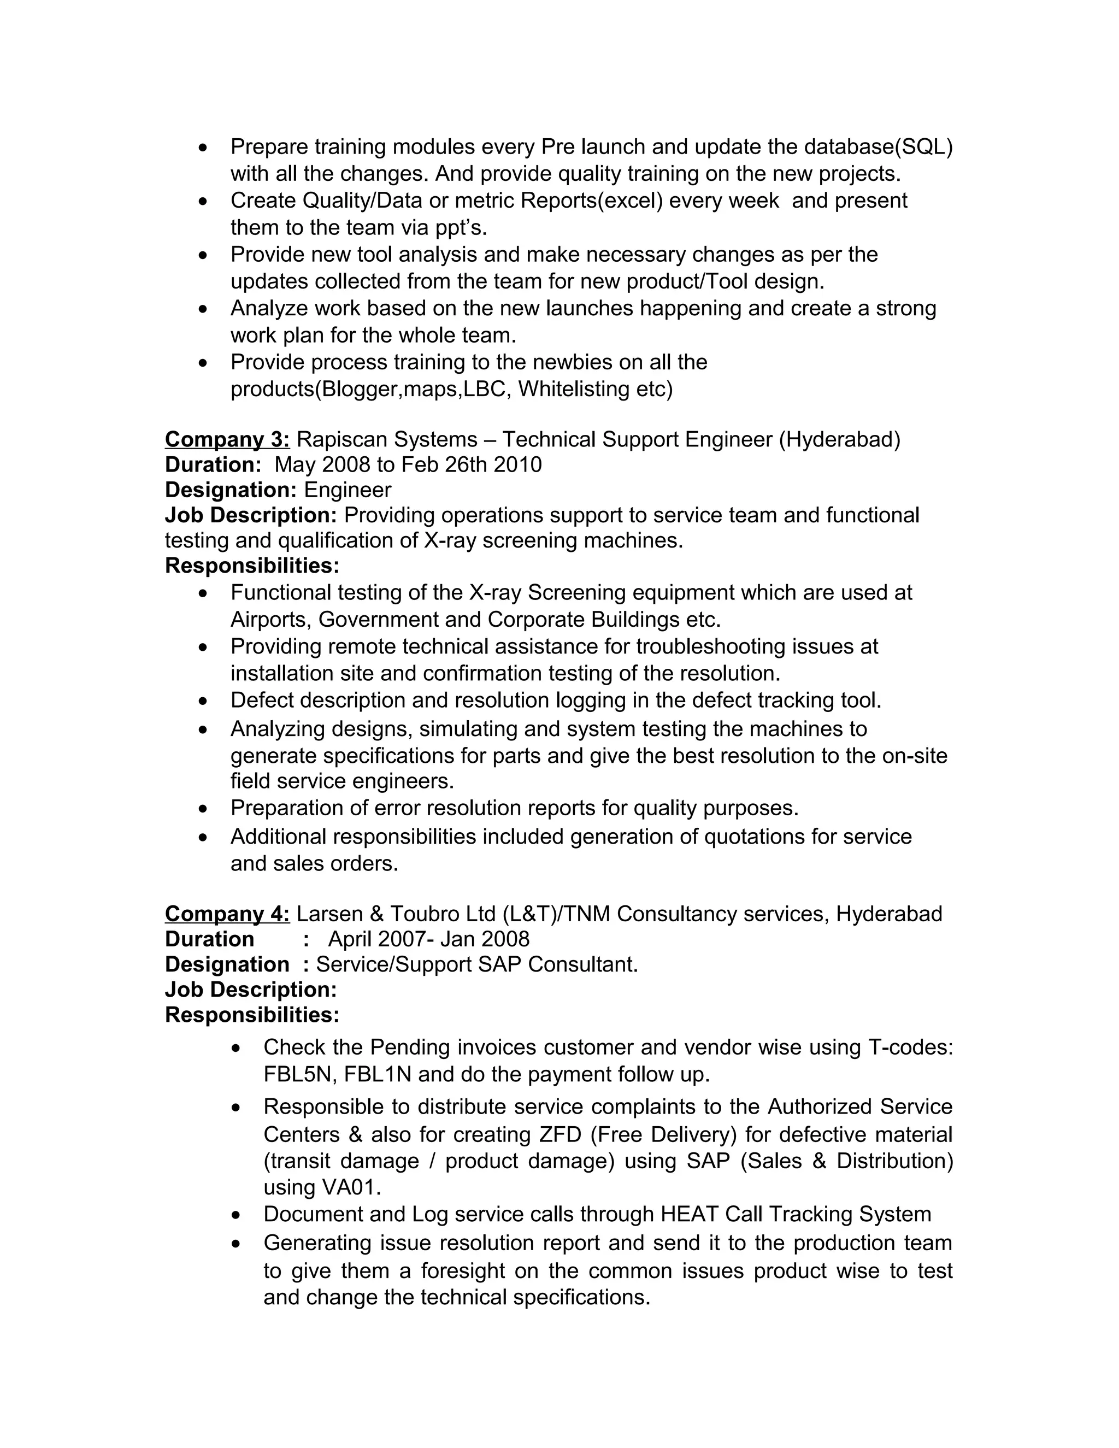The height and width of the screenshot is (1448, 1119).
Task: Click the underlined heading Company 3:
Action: click(227, 439)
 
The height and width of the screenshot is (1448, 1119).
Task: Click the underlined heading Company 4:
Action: click(227, 914)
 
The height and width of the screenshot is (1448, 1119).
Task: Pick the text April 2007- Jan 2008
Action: click(428, 939)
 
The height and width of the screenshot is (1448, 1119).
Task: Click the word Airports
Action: click(270, 619)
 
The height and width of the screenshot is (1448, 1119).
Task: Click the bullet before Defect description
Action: click(203, 702)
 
